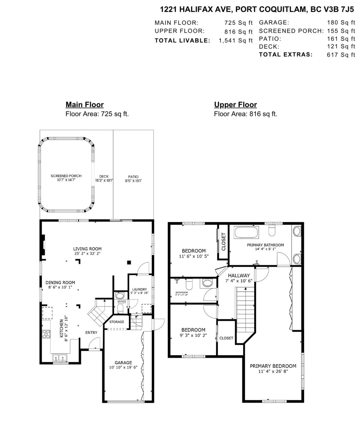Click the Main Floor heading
pyautogui.click(x=85, y=105)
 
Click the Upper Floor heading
pyautogui.click(x=235, y=105)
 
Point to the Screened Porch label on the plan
pyautogui.click(x=66, y=176)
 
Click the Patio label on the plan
pyautogui.click(x=133, y=177)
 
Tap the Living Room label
pyautogui.click(x=87, y=249)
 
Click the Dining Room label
pyautogui.click(x=60, y=282)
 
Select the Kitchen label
pyautogui.click(x=61, y=328)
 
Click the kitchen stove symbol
pyautogui.click(x=46, y=334)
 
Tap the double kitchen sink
pyautogui.click(x=60, y=358)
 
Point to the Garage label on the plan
pyautogui.click(x=123, y=362)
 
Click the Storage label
pyautogui.click(x=117, y=322)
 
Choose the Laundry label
pyautogui.click(x=139, y=289)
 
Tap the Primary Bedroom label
pyautogui.click(x=273, y=366)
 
